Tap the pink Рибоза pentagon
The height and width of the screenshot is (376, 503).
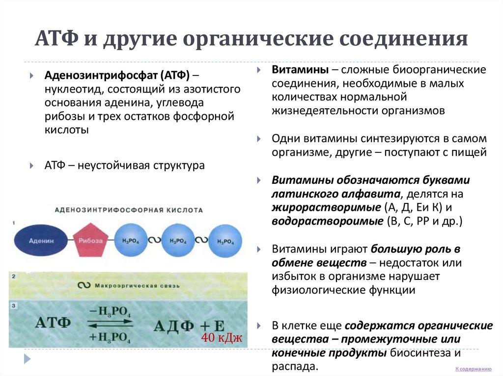click(91, 240)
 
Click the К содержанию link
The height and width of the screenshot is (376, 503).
click(473, 369)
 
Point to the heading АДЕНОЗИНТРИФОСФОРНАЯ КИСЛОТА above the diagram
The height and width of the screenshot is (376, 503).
click(129, 209)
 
